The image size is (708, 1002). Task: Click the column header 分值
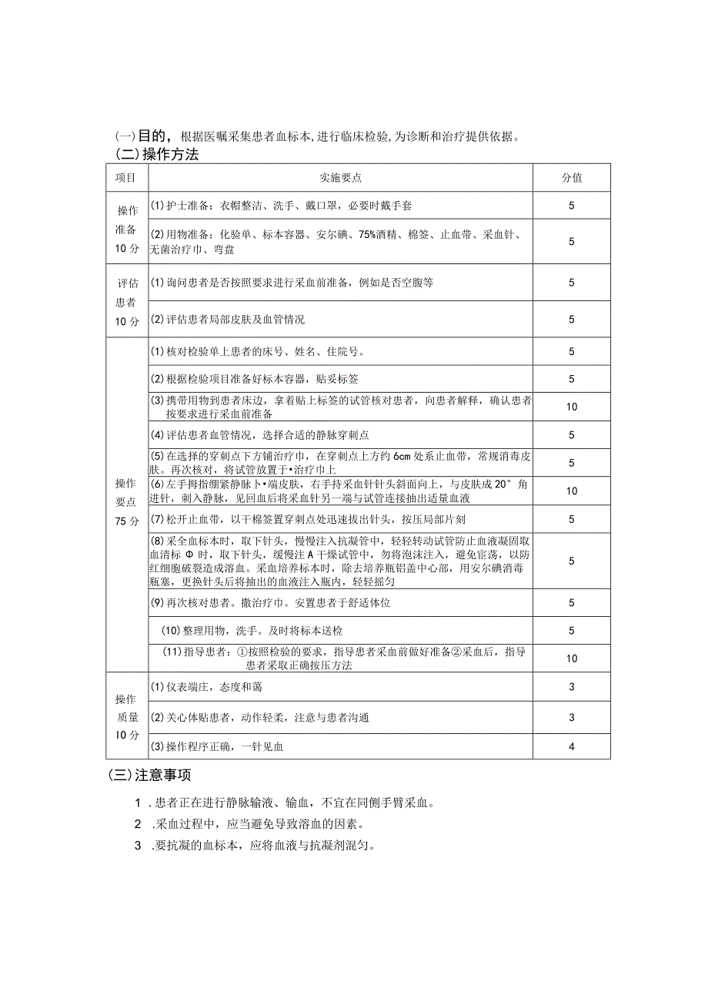tap(571, 178)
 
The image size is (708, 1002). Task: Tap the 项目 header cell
tap(126, 178)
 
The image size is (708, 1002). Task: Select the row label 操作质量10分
tap(126, 717)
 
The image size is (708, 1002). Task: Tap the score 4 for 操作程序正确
tap(571, 746)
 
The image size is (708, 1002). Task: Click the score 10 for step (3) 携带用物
tap(571, 407)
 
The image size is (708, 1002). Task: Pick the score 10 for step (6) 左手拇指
tap(571, 491)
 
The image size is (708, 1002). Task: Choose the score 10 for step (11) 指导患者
tap(571, 659)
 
